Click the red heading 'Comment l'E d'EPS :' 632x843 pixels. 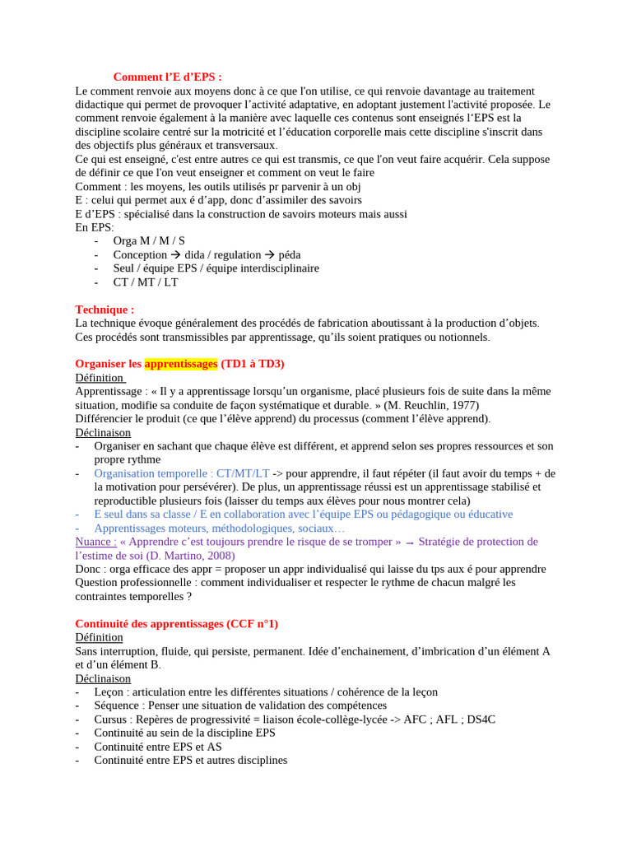click(x=167, y=77)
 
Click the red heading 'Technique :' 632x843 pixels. click(x=105, y=310)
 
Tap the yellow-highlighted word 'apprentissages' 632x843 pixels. click(x=181, y=364)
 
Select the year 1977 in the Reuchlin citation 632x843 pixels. click(x=462, y=405)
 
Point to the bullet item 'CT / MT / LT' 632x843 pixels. click(x=146, y=282)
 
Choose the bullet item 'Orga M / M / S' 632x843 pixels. click(x=149, y=241)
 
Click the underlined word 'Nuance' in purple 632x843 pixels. click(x=95, y=542)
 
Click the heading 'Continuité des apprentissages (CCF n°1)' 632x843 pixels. click(x=176, y=624)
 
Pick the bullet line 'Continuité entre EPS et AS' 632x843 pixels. click(x=158, y=747)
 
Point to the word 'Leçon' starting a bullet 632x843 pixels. click(x=109, y=692)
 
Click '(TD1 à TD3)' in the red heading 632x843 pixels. click(x=253, y=364)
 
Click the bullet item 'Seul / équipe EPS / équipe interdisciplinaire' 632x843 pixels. click(x=216, y=268)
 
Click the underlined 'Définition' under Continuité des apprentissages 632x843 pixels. click(x=99, y=637)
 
